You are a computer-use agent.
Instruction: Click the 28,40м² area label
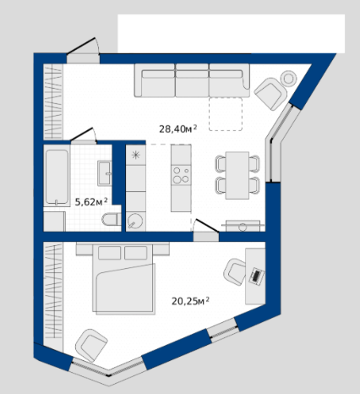coord(178,129)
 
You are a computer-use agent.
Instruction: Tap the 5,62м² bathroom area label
coord(91,202)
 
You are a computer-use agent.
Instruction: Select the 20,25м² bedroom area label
coord(190,301)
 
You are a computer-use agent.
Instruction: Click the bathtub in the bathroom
coord(57,177)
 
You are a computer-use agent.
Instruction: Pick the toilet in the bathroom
coord(111,220)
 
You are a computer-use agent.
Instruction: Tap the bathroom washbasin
coord(105,173)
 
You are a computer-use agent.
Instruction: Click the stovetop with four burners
coord(181,175)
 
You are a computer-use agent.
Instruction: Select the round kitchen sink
coord(135,222)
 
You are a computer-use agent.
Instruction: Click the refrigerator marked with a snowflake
coord(136,155)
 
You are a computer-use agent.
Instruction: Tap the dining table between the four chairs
coord(237,175)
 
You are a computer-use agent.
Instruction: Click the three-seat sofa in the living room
coord(192,80)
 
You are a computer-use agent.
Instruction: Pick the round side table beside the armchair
coord(288,79)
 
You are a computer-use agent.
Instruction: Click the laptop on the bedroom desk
coord(257,276)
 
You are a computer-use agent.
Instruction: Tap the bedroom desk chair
coord(235,272)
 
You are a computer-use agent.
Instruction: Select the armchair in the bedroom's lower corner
coord(91,345)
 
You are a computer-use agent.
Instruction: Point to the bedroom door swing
coord(206,226)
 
